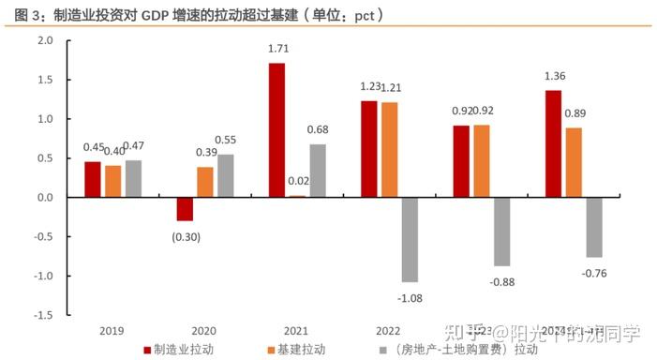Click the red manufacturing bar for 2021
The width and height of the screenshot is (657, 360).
(x=276, y=130)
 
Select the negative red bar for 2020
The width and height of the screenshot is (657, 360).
(x=185, y=209)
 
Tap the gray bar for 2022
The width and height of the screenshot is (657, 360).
(x=409, y=239)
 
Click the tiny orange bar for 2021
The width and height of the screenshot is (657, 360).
(x=297, y=196)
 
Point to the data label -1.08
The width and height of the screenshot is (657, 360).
(x=409, y=296)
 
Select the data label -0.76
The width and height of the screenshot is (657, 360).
(x=595, y=272)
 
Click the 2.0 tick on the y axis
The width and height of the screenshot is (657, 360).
(x=45, y=41)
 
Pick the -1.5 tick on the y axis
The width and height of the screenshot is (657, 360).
(x=43, y=315)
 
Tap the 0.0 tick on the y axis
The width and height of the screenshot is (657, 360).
(x=45, y=198)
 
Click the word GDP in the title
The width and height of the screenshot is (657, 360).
(x=157, y=16)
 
